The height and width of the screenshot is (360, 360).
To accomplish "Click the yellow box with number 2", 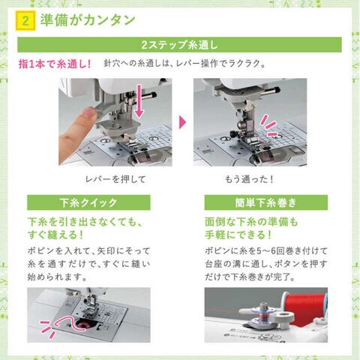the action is click(x=25, y=20).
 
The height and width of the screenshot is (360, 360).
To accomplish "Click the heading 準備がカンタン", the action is click(x=88, y=20).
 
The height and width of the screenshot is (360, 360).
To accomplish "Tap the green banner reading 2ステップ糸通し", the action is click(x=179, y=45).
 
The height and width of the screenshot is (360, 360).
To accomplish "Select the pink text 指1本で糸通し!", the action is click(x=55, y=64).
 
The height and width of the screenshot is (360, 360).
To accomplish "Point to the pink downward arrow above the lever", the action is click(x=139, y=101).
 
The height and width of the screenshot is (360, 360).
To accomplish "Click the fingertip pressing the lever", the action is click(x=88, y=114).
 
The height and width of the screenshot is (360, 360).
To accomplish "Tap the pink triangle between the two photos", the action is click(x=183, y=122).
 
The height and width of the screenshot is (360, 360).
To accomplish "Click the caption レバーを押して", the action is click(x=115, y=179).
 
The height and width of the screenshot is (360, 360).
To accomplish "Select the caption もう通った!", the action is click(x=249, y=179).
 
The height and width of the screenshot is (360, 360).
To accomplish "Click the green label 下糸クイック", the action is click(x=88, y=202).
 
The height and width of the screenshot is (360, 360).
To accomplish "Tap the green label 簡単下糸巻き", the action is click(x=266, y=202).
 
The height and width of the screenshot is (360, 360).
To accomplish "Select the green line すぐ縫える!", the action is click(x=55, y=235).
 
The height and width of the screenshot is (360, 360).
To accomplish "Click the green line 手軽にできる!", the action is click(x=238, y=235).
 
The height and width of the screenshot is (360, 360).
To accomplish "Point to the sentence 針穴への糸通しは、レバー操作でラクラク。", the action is click(x=184, y=64).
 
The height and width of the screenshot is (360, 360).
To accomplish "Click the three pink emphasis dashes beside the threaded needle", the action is click(x=268, y=125).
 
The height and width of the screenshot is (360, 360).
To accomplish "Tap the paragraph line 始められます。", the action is click(x=57, y=277).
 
